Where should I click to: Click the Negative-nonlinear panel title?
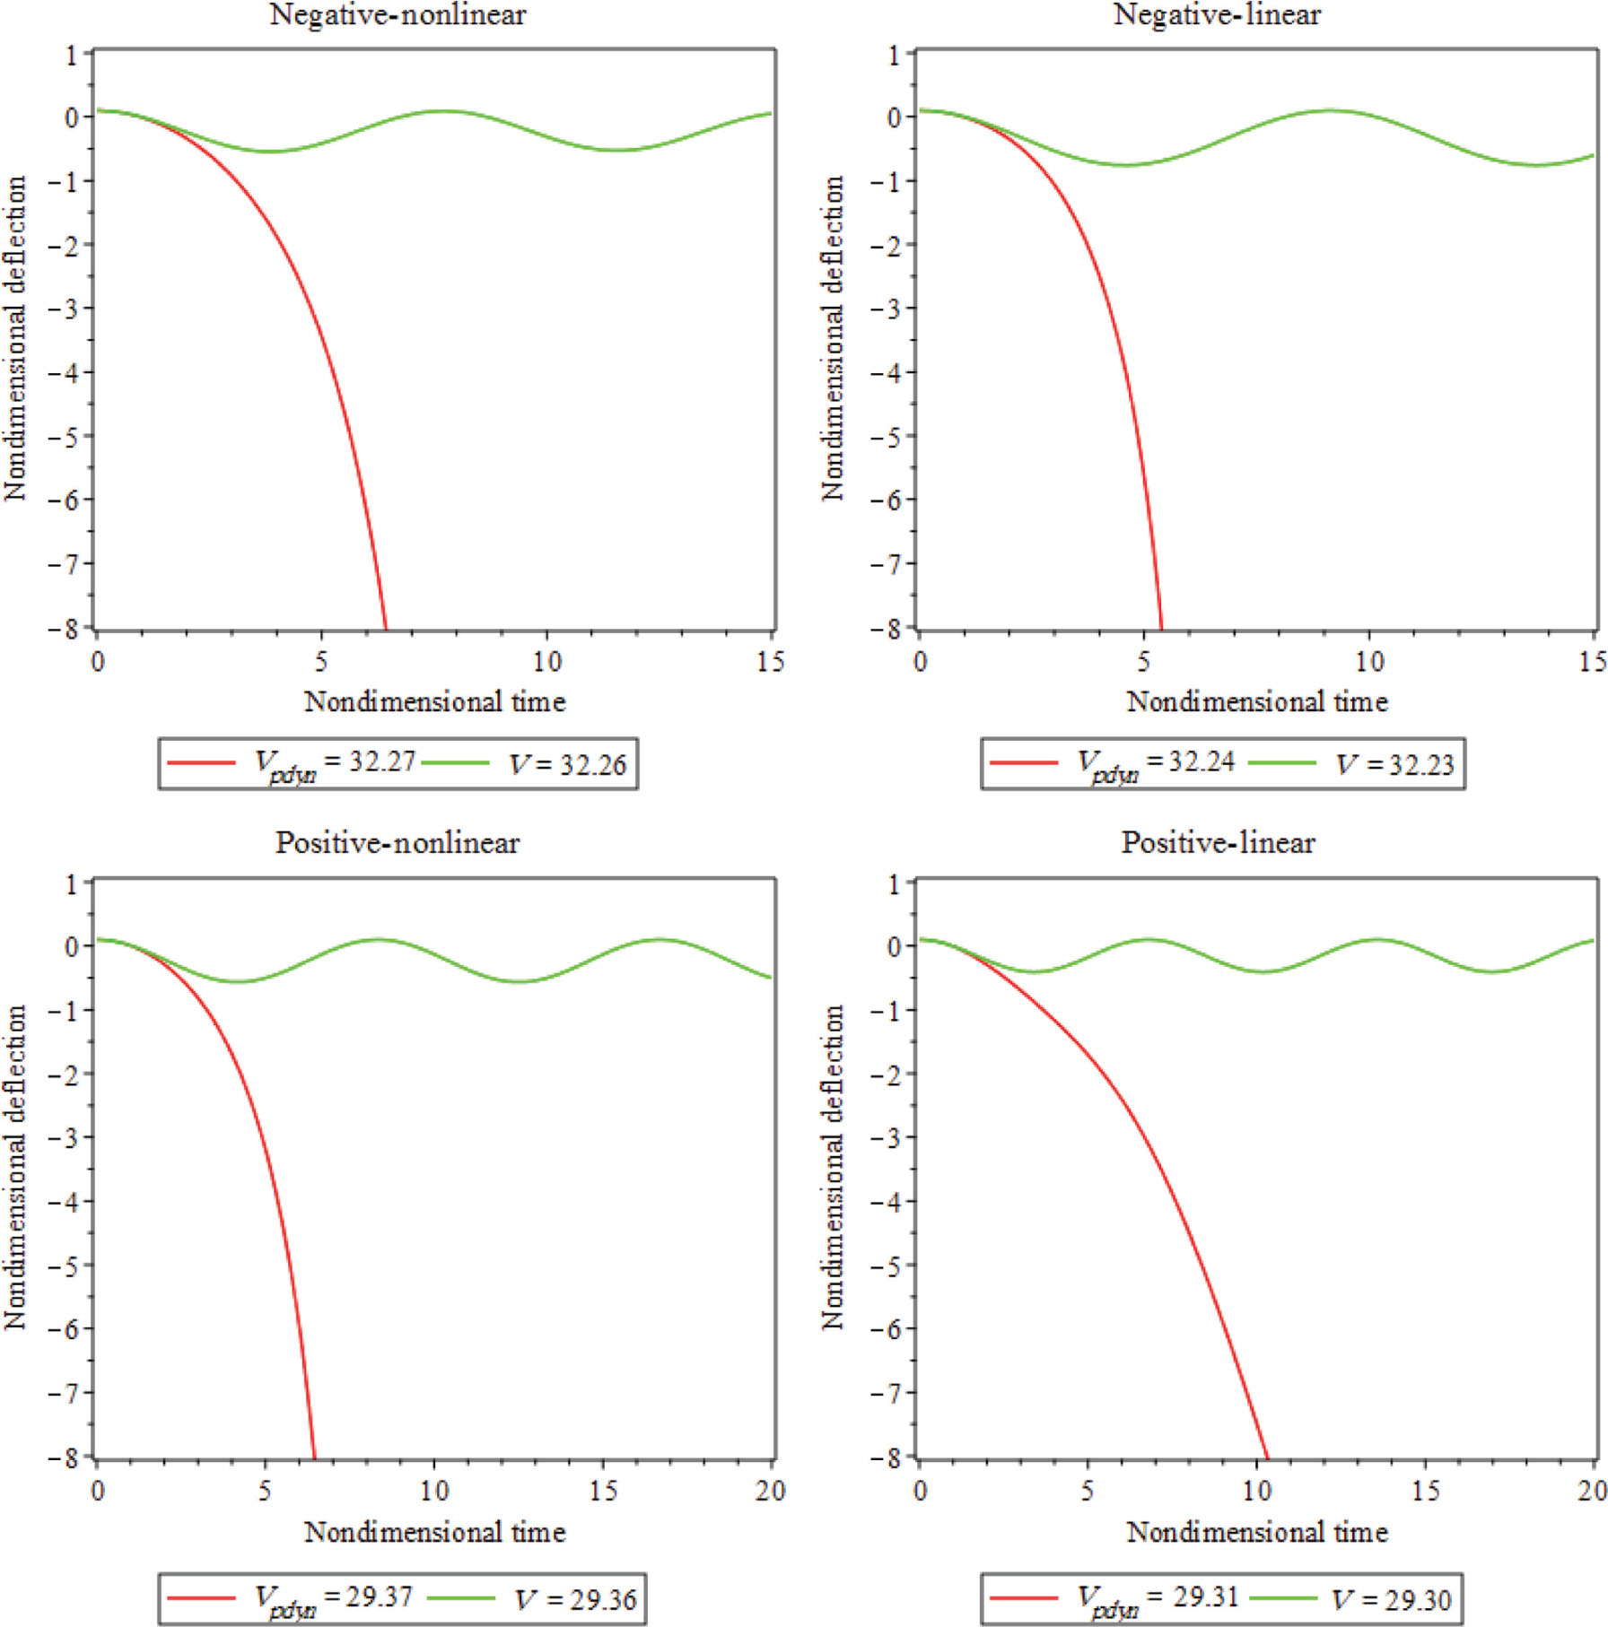398,15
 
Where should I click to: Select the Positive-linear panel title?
1218,843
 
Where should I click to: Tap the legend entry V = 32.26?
567,765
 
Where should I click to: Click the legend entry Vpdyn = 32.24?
1156,763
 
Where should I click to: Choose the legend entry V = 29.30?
1391,1599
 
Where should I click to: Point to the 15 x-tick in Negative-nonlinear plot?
770,662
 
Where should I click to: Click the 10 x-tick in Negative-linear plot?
1368,662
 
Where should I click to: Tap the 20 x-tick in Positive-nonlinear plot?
770,1491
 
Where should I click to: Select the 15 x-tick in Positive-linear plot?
1425,1491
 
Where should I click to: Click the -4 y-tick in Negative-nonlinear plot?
66,372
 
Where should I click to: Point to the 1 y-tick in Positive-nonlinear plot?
72,884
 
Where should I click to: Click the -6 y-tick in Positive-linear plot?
886,1328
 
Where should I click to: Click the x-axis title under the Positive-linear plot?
1257,1532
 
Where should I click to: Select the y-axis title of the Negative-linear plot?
833,338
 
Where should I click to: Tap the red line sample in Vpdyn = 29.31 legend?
1023,1597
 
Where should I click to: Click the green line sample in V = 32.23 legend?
1281,763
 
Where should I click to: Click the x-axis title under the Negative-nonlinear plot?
434,701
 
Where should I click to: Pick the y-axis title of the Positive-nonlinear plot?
14,1167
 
